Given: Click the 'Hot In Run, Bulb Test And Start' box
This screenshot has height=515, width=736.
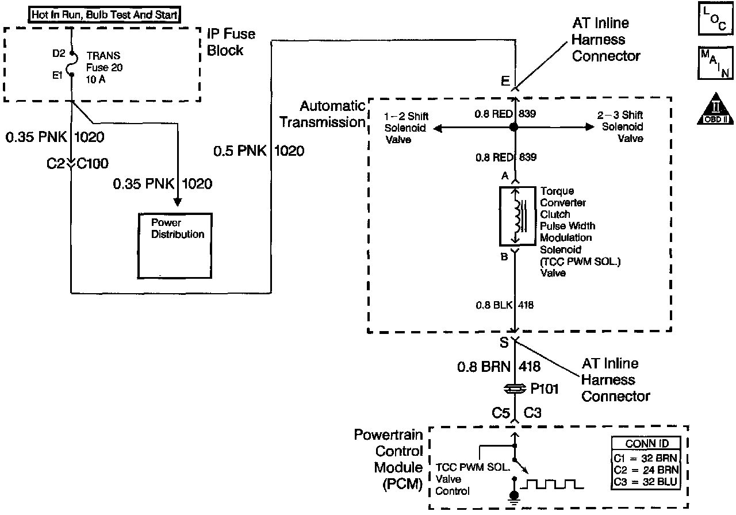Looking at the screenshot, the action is (x=104, y=14).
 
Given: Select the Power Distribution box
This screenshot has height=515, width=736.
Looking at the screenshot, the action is (x=175, y=245).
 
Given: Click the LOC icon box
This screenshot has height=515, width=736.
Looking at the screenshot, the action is (x=715, y=18).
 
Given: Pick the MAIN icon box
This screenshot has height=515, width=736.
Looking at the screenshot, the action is (x=715, y=63).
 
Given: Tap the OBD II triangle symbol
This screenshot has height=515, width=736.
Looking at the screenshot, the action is (x=715, y=109).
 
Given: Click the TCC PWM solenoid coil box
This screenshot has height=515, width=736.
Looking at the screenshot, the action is (x=517, y=216).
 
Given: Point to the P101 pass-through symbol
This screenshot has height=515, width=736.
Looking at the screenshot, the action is (x=515, y=389).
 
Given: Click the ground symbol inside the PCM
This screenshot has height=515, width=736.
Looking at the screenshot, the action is (x=514, y=497).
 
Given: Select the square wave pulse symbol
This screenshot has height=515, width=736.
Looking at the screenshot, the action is (x=552, y=485).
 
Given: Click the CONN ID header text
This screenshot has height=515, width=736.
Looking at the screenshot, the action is (x=647, y=443).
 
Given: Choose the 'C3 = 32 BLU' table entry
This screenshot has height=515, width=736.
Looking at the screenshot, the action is (x=645, y=482).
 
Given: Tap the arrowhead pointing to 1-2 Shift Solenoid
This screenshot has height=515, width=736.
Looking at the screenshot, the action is (x=438, y=128).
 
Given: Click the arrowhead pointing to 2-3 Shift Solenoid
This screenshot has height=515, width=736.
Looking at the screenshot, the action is (x=590, y=127).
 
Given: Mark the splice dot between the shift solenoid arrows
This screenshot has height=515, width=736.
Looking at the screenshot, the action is (x=514, y=127).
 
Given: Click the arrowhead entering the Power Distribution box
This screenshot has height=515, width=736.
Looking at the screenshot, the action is (x=178, y=202).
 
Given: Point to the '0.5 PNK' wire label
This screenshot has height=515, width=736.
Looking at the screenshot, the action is (x=240, y=151).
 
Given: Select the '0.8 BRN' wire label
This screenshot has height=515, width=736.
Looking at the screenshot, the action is (x=484, y=367).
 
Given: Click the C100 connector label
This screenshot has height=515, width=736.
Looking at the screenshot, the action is (x=93, y=163).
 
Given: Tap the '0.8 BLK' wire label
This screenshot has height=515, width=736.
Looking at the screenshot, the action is (x=494, y=305).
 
